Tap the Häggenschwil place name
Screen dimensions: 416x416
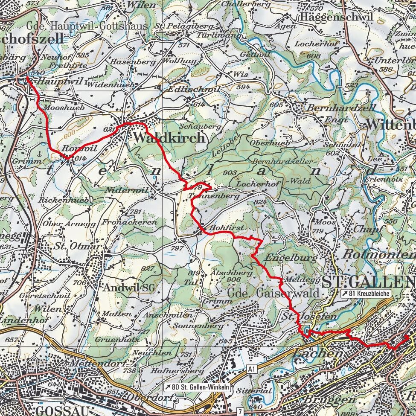[x=336, y=17]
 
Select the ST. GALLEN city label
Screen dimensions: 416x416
[x=369, y=281]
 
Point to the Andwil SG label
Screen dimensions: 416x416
[x=128, y=288]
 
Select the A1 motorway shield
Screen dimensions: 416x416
[x=252, y=368]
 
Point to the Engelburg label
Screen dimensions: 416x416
[x=291, y=258]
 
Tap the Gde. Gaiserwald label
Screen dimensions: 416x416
[x=273, y=293]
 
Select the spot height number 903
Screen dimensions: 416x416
[x=229, y=172]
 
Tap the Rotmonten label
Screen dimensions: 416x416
[x=379, y=254]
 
